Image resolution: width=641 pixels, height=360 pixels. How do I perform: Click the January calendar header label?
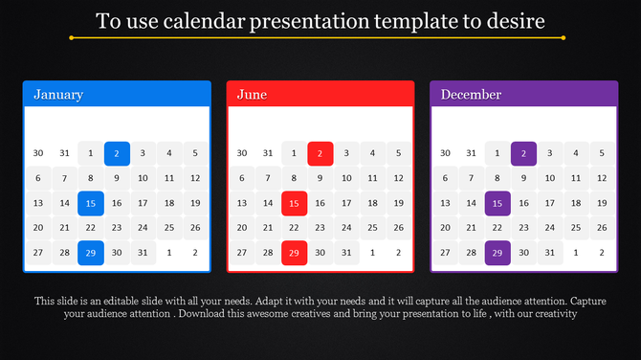[58, 95]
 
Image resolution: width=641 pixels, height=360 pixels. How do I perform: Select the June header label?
[252, 95]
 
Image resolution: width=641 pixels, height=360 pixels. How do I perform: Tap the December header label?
[471, 95]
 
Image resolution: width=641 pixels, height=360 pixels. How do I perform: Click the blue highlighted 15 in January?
[91, 203]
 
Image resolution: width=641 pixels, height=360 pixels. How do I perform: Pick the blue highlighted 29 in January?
[91, 253]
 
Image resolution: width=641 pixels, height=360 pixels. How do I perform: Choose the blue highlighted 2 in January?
[117, 153]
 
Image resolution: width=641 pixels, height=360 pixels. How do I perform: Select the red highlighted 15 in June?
[295, 203]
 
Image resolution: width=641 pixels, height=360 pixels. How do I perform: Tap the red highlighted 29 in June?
[295, 253]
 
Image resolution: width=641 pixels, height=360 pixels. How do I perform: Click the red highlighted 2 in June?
[320, 153]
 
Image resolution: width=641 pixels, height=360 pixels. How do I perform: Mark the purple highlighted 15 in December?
[497, 203]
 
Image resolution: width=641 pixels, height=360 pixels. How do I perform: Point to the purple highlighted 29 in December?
[497, 253]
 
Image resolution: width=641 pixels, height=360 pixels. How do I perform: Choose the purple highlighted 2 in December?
[523, 153]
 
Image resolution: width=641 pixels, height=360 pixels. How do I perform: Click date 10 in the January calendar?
[143, 178]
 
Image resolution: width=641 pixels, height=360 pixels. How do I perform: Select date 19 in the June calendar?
[399, 203]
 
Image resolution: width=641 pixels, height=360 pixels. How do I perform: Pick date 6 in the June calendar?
[242, 178]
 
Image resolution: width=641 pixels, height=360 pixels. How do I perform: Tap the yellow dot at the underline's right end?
[563, 38]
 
